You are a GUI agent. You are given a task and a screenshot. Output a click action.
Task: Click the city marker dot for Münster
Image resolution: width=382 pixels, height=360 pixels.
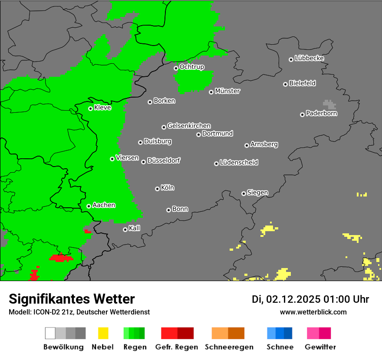[211, 92]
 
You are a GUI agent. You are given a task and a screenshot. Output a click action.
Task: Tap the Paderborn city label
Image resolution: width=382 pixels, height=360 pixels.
[321, 114]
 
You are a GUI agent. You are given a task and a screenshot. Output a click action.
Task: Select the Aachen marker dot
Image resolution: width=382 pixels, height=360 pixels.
[89, 206]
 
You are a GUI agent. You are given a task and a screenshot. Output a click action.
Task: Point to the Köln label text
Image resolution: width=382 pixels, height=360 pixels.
[168, 188]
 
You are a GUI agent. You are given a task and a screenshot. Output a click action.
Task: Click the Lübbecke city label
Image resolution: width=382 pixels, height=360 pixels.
[309, 58]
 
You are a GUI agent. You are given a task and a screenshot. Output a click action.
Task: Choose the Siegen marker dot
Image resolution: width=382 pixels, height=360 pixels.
[244, 193]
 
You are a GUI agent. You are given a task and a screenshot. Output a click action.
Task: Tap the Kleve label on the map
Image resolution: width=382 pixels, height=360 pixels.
[102, 108]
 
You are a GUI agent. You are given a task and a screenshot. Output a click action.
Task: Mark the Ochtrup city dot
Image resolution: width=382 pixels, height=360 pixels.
[176, 68]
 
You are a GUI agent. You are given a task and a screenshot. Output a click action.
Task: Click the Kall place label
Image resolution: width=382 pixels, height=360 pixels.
[135, 228]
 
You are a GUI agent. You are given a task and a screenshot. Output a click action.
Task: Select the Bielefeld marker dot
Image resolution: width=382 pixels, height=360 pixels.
[285, 84]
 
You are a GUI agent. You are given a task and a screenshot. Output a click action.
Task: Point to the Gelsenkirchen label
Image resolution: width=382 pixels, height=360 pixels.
[189, 126]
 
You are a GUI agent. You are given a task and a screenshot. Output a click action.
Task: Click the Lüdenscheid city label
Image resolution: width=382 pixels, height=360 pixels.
[239, 163]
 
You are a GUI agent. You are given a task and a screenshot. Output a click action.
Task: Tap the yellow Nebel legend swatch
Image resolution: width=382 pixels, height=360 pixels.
[103, 333]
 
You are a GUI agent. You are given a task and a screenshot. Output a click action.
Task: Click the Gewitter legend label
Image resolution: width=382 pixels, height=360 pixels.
[320, 347]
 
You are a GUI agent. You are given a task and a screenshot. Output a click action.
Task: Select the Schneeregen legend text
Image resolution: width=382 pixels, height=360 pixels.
[228, 347]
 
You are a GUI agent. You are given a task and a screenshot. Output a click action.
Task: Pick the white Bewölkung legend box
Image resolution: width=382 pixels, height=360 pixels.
[50, 333]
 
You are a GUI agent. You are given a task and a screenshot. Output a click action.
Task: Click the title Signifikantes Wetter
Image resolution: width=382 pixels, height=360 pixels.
[72, 299]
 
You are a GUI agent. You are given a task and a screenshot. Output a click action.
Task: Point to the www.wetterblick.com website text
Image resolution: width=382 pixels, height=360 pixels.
[313, 312]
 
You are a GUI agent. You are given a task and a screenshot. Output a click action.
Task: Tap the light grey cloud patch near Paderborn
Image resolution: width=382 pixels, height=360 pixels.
[329, 104]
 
